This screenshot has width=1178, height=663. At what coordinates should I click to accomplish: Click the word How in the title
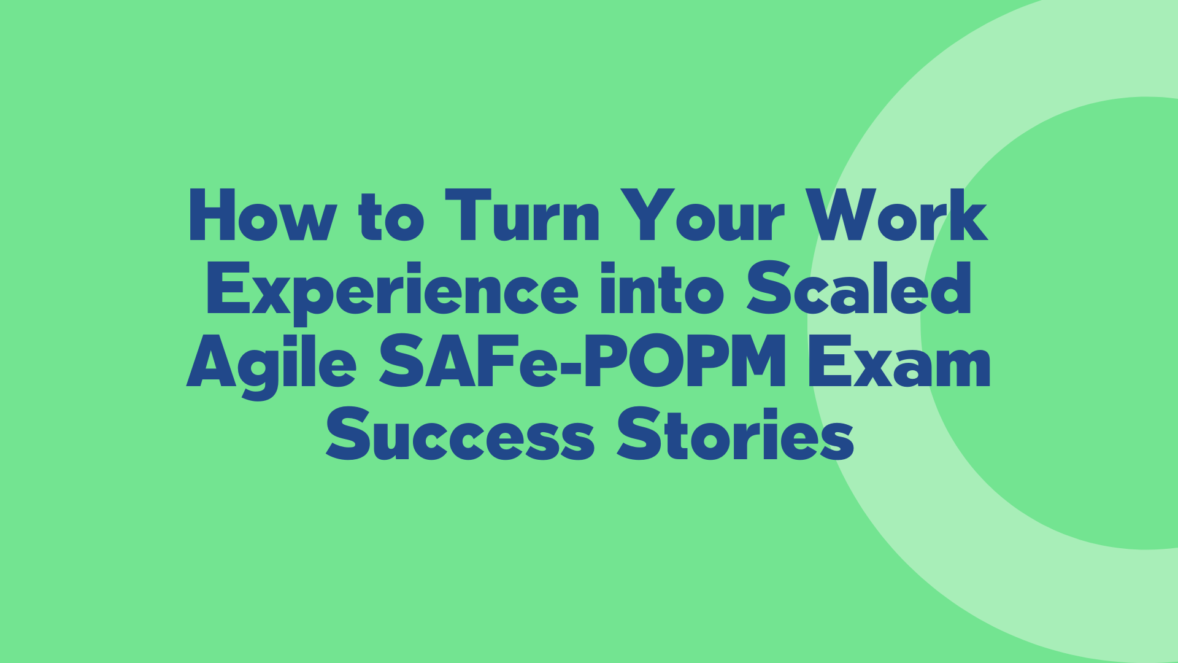pos(262,215)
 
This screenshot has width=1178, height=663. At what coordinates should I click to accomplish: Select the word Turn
pos(522,215)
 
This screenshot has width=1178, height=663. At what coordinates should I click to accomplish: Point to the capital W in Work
pos(842,215)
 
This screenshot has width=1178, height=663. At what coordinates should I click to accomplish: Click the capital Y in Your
pos(645,215)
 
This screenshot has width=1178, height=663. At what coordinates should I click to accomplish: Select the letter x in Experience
pos(271,294)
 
